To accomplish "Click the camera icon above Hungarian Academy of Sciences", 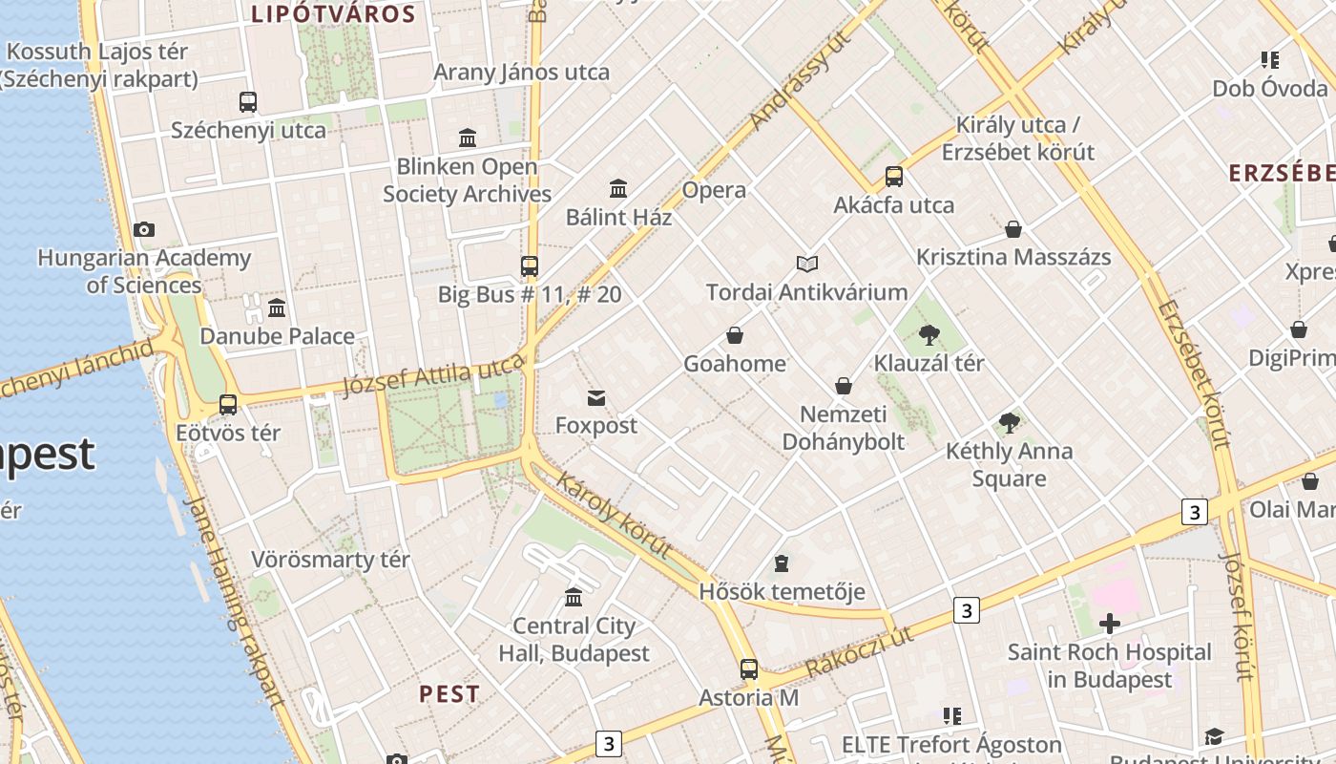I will coord(144,229).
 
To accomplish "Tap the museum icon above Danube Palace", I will coord(277,308).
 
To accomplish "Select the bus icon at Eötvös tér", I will coord(228,404).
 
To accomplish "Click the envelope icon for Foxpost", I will coord(596,397).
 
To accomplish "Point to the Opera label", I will coord(714,190).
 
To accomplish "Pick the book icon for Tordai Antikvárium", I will coord(807,264).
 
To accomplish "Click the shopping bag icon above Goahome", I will coord(735,335).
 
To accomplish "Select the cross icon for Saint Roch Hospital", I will coord(1109,625).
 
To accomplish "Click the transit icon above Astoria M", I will coord(749,668).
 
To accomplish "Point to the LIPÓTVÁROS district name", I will coord(333,14).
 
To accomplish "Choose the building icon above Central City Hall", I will coord(574,598).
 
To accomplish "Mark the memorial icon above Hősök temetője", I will coord(782,563).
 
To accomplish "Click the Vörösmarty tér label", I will coord(330,560).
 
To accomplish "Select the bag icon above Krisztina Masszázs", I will coord(1013,229).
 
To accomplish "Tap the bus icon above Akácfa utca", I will coord(894,177).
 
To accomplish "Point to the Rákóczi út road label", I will coord(859,652).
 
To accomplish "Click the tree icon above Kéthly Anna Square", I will coord(1009,423).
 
